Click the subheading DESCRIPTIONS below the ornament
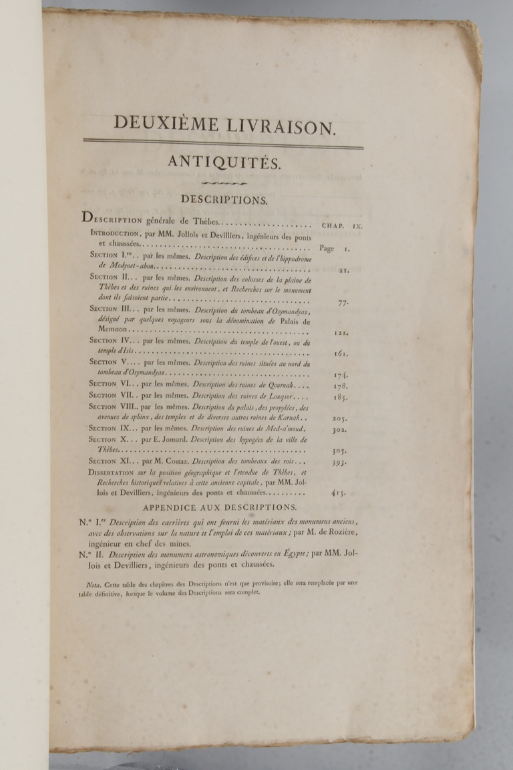tap(224, 199)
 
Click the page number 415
tap(338, 493)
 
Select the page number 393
tap(339, 462)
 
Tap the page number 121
tap(340, 332)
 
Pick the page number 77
tap(343, 302)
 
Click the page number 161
tap(340, 354)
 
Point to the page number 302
tap(339, 430)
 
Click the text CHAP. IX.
tap(341, 226)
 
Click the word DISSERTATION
tap(118, 472)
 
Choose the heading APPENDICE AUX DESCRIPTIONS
tap(224, 507)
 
